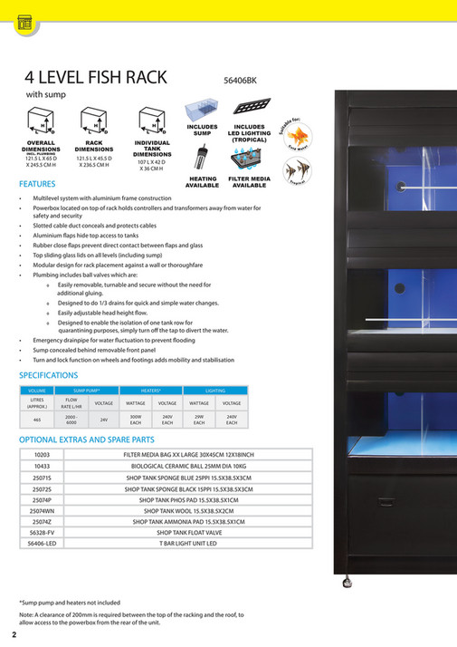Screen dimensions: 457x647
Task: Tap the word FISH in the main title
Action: (x=115, y=78)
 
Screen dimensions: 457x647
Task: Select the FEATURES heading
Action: (x=37, y=183)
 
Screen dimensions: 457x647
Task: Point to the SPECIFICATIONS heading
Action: (x=49, y=374)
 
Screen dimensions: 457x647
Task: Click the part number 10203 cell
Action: (x=42, y=454)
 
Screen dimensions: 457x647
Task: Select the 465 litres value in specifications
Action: (x=37, y=420)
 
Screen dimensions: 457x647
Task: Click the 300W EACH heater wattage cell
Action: (x=136, y=420)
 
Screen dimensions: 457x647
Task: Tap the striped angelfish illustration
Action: (x=295, y=169)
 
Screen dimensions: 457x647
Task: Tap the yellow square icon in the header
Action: (x=23, y=24)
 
